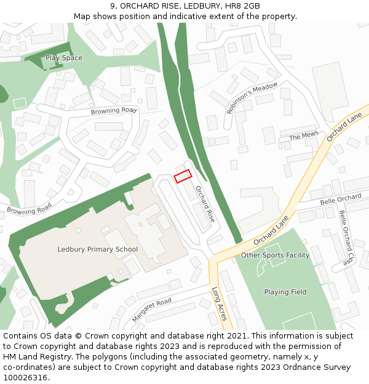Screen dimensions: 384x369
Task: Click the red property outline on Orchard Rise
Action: [x=183, y=176]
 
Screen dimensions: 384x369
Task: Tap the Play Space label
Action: [x=63, y=58]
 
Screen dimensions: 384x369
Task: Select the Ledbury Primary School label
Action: [x=98, y=249]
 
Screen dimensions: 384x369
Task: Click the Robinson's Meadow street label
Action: [x=252, y=98]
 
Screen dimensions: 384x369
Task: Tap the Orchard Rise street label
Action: [x=205, y=203]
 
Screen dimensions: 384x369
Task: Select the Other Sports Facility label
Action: [x=275, y=256]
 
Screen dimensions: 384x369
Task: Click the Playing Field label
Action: [x=285, y=292]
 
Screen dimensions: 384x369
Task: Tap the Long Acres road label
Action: [x=220, y=304]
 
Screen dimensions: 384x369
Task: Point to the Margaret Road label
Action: [x=151, y=310]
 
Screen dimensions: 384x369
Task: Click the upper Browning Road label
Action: [x=113, y=111]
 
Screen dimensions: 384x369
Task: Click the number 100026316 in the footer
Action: [x=25, y=377]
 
